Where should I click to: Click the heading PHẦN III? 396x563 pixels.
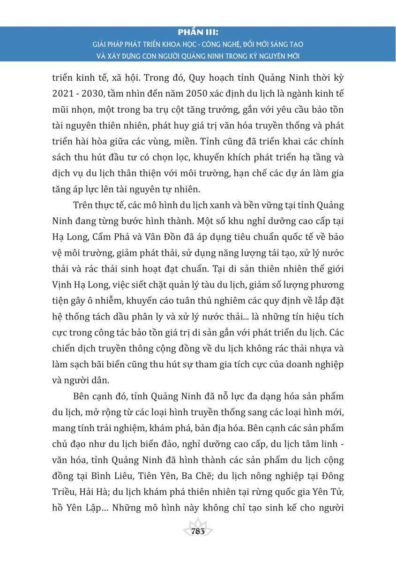198,33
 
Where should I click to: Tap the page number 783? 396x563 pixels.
198,531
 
